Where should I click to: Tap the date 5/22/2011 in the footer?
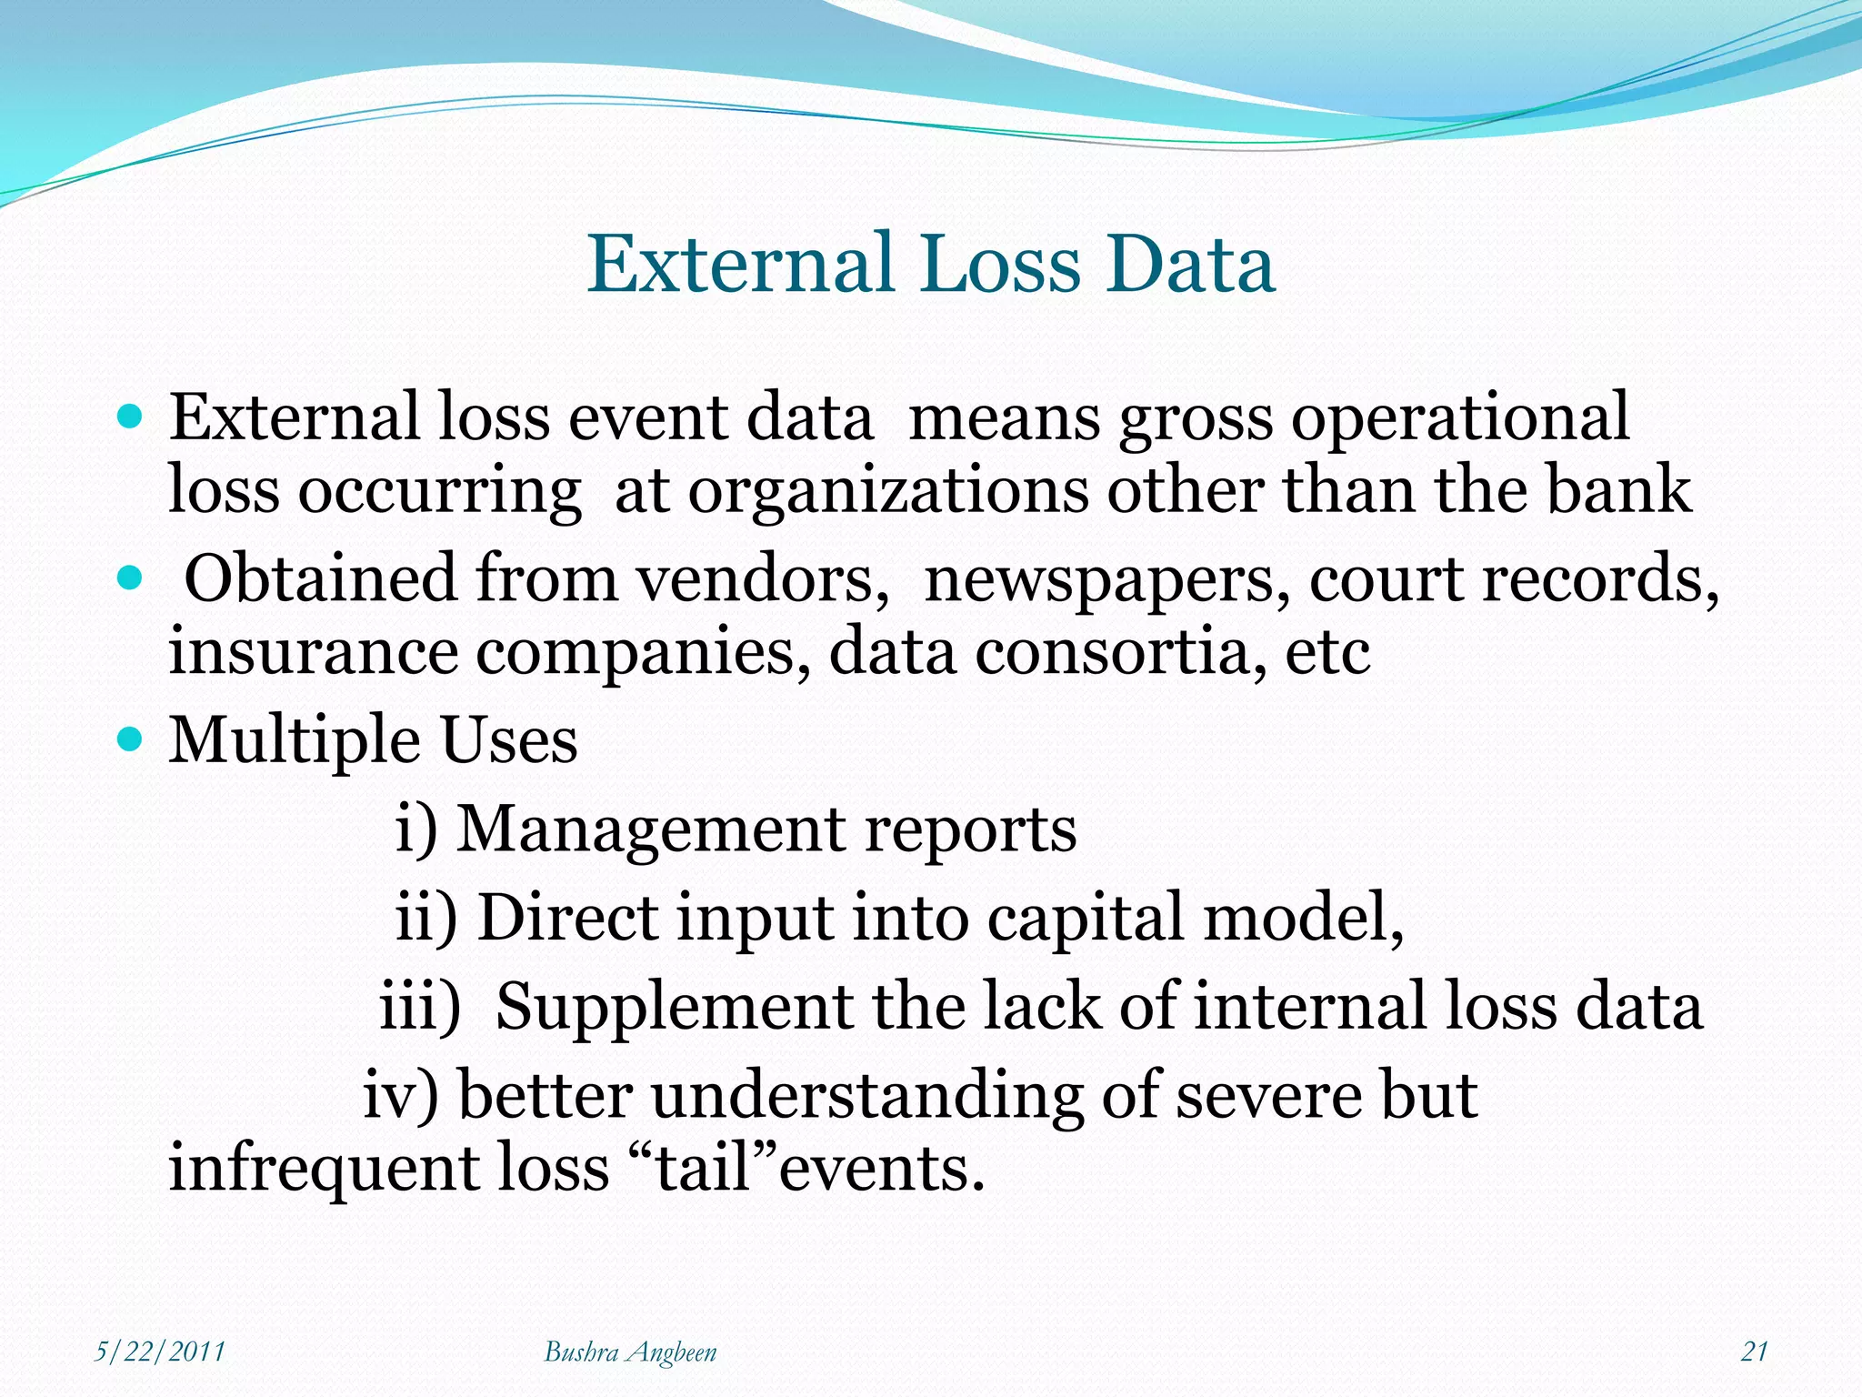tap(160, 1352)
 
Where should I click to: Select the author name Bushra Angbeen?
tap(630, 1352)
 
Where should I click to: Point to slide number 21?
tap(1754, 1352)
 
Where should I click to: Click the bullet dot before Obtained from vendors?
tap(131, 578)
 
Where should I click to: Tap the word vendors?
tap(762, 578)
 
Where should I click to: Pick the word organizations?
tap(887, 491)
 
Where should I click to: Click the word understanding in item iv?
tap(866, 1095)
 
